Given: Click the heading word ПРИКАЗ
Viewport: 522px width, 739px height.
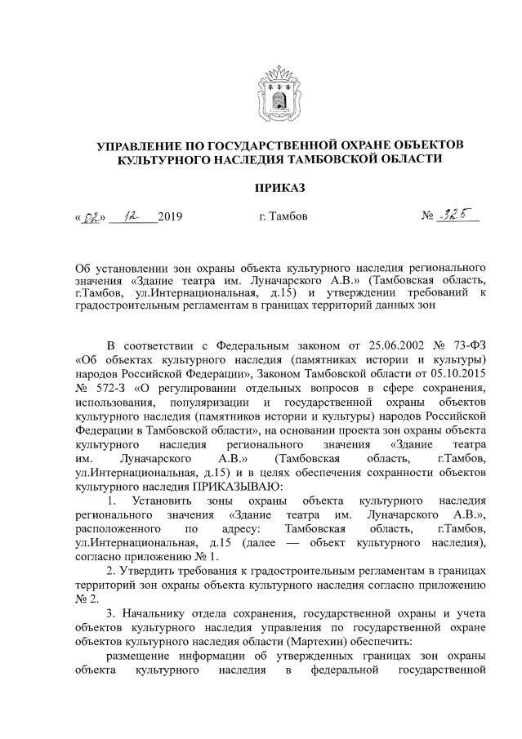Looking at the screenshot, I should pyautogui.click(x=279, y=189).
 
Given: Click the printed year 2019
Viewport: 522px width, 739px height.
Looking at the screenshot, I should pyautogui.click(x=169, y=217).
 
